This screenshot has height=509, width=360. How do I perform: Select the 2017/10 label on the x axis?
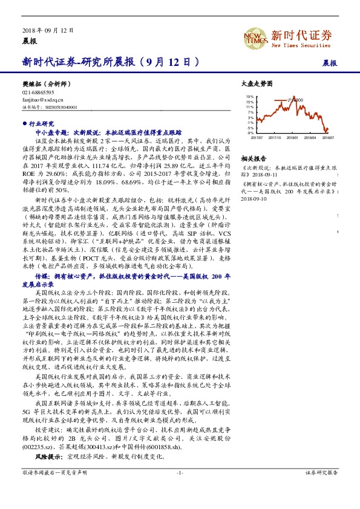tap(275, 138)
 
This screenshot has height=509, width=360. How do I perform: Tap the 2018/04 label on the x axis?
tap(312, 138)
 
